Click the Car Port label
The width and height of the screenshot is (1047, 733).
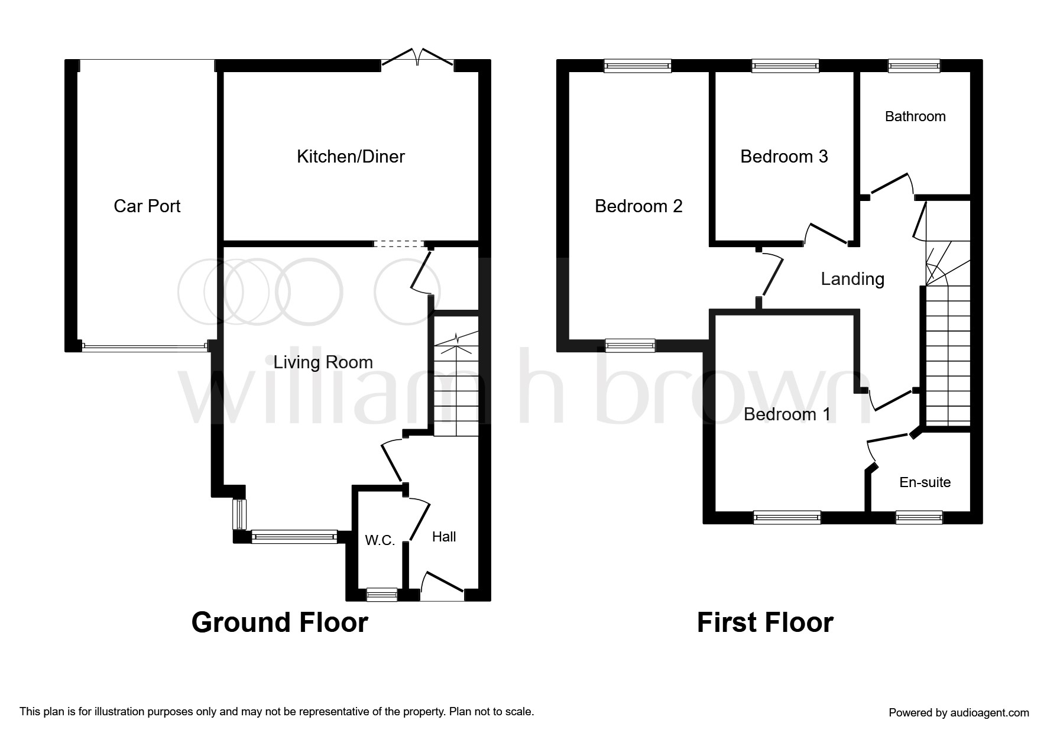tap(147, 206)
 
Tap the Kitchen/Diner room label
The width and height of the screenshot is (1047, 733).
tap(351, 157)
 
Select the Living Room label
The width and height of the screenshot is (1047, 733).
tap(323, 362)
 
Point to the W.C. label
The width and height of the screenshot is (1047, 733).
tap(380, 540)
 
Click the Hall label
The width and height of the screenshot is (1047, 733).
tap(444, 537)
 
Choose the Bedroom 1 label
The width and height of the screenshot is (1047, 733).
tap(787, 414)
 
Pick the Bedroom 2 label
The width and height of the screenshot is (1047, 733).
tap(638, 206)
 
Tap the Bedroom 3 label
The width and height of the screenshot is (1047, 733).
tap(784, 157)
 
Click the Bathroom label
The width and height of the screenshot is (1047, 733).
tap(915, 116)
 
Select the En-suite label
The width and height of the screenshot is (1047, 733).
tap(925, 482)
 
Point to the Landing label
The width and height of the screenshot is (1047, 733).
tap(852, 279)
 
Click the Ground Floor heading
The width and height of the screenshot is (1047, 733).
tap(280, 622)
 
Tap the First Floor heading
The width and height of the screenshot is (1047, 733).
tap(765, 622)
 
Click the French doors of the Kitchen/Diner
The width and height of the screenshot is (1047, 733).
tap(418, 57)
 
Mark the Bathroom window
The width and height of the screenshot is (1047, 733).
tap(914, 66)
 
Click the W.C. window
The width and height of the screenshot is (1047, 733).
tap(382, 595)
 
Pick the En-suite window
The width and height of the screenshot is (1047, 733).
tap(919, 518)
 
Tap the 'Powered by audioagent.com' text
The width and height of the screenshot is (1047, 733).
tap(959, 713)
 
